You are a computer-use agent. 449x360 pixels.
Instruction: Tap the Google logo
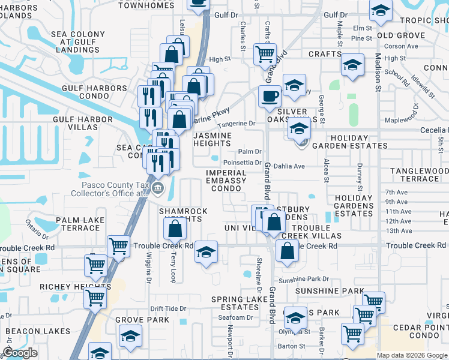20,353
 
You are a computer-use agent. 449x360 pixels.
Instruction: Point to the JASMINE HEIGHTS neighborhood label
212,140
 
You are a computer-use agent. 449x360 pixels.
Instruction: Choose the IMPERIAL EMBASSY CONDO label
226,181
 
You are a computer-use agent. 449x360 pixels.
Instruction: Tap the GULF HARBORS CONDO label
94,92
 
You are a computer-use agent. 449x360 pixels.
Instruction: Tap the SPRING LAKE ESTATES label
239,304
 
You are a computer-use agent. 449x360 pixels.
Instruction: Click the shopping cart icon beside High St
265,53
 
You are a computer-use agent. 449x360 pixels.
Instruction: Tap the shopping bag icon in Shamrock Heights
175,228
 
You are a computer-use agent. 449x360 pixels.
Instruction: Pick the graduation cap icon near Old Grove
380,10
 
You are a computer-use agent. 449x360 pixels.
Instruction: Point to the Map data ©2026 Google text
412,355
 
